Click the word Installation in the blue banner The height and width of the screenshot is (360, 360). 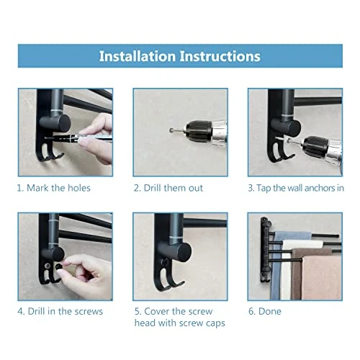click(138, 56)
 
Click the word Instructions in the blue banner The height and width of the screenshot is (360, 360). click(220, 56)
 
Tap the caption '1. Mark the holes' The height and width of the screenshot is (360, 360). click(54, 188)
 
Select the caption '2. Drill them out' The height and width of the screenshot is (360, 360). click(168, 188)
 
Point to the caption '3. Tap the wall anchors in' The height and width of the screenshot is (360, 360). click(296, 188)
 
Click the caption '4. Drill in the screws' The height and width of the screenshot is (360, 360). click(60, 311)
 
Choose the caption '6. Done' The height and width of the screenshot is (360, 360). click(265, 311)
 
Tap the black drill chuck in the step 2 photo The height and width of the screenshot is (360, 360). click(198, 131)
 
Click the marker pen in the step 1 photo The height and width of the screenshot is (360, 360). click(79, 138)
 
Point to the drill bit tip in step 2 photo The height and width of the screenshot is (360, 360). click(171, 130)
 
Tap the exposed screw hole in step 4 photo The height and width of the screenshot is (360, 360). click(48, 266)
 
